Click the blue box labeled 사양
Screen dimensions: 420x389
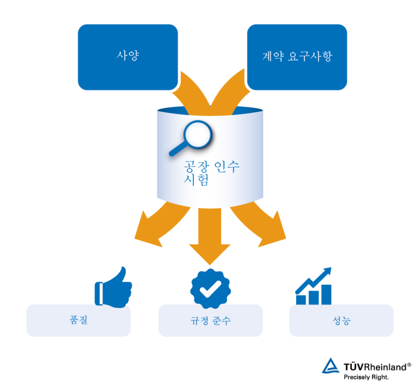pos(128,57)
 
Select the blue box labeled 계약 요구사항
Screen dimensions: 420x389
pos(297,57)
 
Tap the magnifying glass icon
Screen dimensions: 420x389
pos(190,138)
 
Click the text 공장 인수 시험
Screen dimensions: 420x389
pos(211,173)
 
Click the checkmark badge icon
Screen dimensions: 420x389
pos(210,289)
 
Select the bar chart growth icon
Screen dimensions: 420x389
pos(313,286)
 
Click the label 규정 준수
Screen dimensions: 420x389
pos(210,320)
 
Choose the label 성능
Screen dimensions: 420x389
pos(342,320)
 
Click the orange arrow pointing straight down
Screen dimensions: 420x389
pos(210,236)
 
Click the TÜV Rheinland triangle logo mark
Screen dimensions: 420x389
pos(331,366)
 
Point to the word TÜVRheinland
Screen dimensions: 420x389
pos(375,367)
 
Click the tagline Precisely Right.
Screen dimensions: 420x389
pos(366,377)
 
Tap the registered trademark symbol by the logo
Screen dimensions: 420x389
pos(409,365)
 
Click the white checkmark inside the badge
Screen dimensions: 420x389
pos(210,289)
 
